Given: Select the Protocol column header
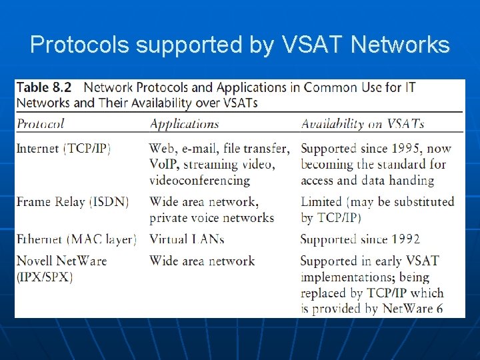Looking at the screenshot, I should [x=40, y=123].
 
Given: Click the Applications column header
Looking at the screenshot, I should [x=184, y=123].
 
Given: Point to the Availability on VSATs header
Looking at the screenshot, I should [x=363, y=123].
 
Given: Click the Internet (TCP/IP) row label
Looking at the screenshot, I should [x=63, y=148].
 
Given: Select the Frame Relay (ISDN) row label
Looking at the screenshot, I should [x=72, y=201].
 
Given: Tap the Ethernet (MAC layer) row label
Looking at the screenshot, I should [x=76, y=239].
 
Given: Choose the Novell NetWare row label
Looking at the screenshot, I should [x=61, y=261].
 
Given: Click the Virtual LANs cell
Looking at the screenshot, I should [x=187, y=239].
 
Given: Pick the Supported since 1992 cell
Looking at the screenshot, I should [x=360, y=239].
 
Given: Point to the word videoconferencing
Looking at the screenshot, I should [x=199, y=180].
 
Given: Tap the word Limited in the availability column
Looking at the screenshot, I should [x=321, y=201].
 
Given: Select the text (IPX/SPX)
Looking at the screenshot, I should [x=45, y=276].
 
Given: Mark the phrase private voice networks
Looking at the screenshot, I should [x=211, y=217].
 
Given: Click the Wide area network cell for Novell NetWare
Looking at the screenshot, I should [x=202, y=261].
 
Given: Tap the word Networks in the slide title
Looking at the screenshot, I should [x=400, y=45].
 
